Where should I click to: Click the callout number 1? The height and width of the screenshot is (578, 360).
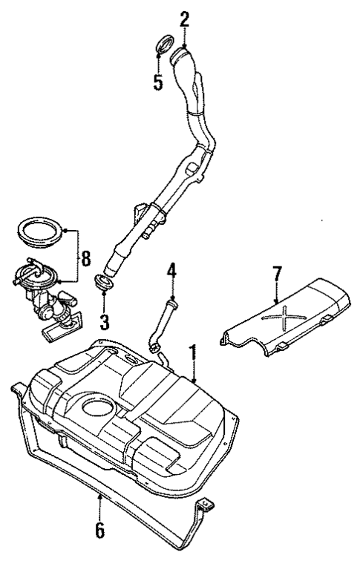pyautogui.click(x=193, y=352)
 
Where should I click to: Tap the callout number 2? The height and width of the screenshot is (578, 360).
pyautogui.click(x=185, y=19)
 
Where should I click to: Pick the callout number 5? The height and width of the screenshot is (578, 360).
pyautogui.click(x=158, y=82)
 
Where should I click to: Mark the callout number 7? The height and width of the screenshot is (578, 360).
pyautogui.click(x=276, y=274)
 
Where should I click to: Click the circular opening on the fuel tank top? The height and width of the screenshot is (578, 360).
pyautogui.click(x=97, y=407)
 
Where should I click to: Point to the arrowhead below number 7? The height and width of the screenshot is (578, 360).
pyautogui.click(x=278, y=300)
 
